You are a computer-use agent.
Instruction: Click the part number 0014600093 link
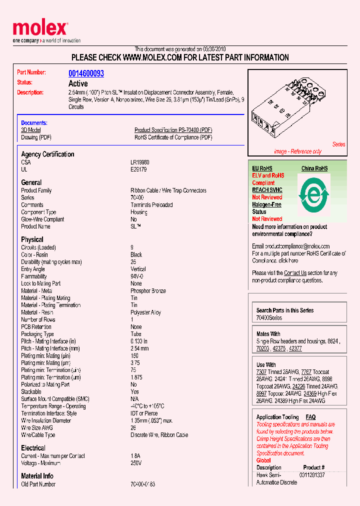(86, 73)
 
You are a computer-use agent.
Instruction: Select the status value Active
(78, 83)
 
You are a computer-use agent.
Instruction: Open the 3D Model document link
(30, 130)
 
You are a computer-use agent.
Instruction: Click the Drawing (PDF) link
(36, 137)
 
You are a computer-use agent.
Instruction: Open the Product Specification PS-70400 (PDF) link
(173, 130)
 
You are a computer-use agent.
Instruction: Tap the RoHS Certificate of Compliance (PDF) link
(173, 137)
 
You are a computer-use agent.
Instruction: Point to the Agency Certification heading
(47, 154)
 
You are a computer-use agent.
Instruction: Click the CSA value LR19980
(140, 162)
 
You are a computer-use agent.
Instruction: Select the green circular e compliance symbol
(313, 193)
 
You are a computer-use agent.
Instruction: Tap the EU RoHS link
(262, 168)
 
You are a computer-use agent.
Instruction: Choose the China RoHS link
(314, 168)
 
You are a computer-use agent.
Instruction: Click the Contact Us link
(295, 273)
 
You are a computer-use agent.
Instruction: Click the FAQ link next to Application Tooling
(310, 417)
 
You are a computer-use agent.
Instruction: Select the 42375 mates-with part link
(279, 348)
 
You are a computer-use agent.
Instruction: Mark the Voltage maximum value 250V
(136, 463)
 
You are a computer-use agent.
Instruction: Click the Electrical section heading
(33, 448)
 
